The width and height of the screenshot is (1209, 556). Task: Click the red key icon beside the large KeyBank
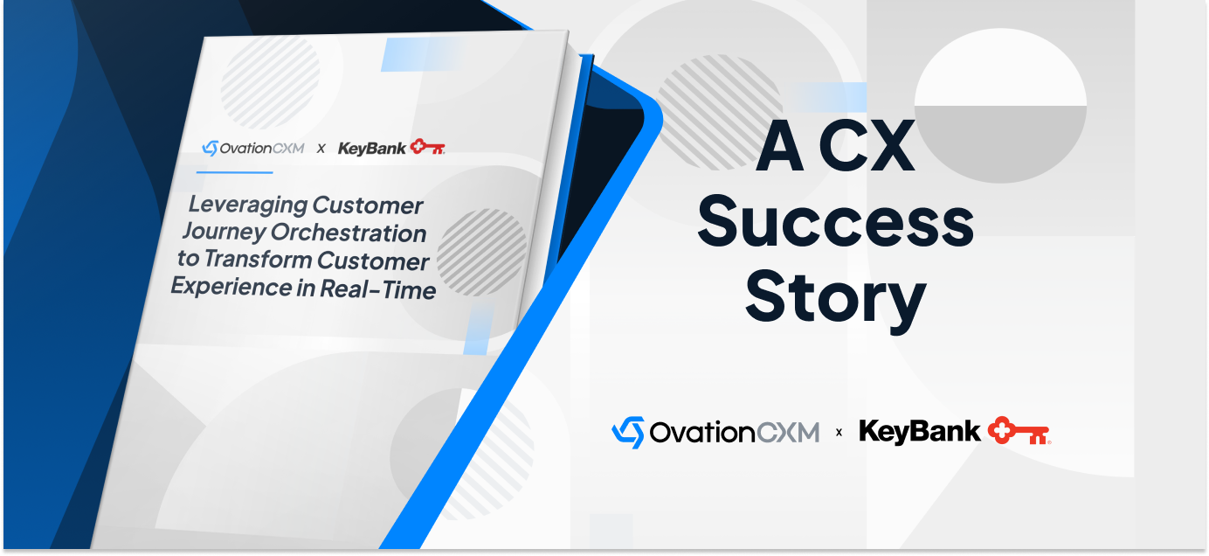[x=1019, y=431]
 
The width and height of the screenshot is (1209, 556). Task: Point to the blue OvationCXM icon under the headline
[x=628, y=432]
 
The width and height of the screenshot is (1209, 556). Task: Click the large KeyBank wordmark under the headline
[x=920, y=431]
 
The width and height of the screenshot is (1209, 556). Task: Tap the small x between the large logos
[x=839, y=432]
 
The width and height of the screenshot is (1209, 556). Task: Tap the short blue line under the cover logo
[x=234, y=172]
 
